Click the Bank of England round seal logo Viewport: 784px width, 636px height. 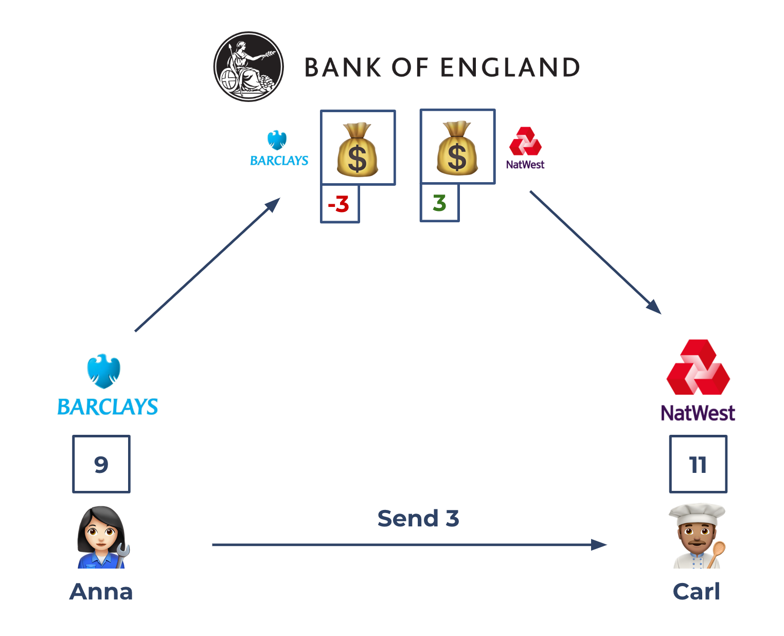pyautogui.click(x=248, y=67)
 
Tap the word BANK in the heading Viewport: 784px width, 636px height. pyautogui.click(x=343, y=68)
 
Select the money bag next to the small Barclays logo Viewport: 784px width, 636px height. pyautogui.click(x=358, y=150)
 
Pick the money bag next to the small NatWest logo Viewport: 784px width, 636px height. pyautogui.click(x=457, y=148)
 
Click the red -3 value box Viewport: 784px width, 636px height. pyautogui.click(x=340, y=204)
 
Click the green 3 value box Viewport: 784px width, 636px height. pyautogui.click(x=439, y=203)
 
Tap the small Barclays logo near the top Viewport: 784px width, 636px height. pyautogui.click(x=278, y=149)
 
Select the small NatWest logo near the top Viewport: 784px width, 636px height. pyautogui.click(x=525, y=148)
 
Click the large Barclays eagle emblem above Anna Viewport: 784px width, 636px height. pyautogui.click(x=103, y=370)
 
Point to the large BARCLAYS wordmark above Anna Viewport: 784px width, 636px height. pyautogui.click(x=108, y=407)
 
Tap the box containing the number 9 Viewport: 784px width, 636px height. pyautogui.click(x=101, y=464)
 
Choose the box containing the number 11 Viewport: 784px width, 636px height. pyautogui.click(x=698, y=464)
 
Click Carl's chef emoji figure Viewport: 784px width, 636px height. pyautogui.click(x=697, y=536)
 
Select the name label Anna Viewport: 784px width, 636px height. pyautogui.click(x=101, y=592)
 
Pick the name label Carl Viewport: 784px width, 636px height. pyautogui.click(x=697, y=592)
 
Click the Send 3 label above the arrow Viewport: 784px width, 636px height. pyautogui.click(x=418, y=519)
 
